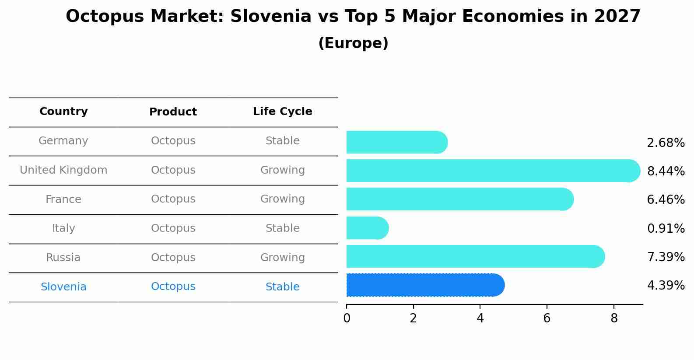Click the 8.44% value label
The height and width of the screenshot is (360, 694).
click(666, 171)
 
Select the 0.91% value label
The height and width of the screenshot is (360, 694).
click(666, 229)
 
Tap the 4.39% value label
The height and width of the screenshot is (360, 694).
click(666, 286)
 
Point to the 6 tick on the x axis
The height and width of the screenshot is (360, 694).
click(547, 318)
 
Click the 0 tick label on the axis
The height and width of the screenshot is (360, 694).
click(347, 318)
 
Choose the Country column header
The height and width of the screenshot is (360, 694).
click(63, 112)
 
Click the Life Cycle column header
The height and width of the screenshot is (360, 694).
click(282, 112)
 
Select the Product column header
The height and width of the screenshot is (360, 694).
click(173, 112)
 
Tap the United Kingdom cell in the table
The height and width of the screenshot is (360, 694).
click(63, 170)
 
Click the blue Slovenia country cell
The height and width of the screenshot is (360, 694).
click(63, 287)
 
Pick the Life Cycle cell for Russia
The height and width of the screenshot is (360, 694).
click(282, 258)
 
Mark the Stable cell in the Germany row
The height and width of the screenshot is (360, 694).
click(282, 141)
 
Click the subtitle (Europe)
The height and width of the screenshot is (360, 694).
click(353, 43)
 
